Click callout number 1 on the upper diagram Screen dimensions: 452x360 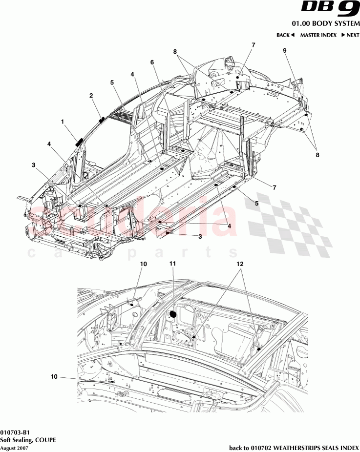[62, 120]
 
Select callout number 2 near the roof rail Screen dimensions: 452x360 [91, 96]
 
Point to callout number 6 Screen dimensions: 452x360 [152, 62]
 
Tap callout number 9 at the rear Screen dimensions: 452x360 [284, 51]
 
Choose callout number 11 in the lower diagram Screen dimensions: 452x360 [172, 264]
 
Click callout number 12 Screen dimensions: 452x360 [240, 264]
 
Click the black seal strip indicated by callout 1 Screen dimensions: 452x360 [78, 142]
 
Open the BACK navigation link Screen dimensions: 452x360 [285, 35]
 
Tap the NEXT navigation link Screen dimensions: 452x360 [350, 35]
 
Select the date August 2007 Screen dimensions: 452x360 [14, 447]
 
